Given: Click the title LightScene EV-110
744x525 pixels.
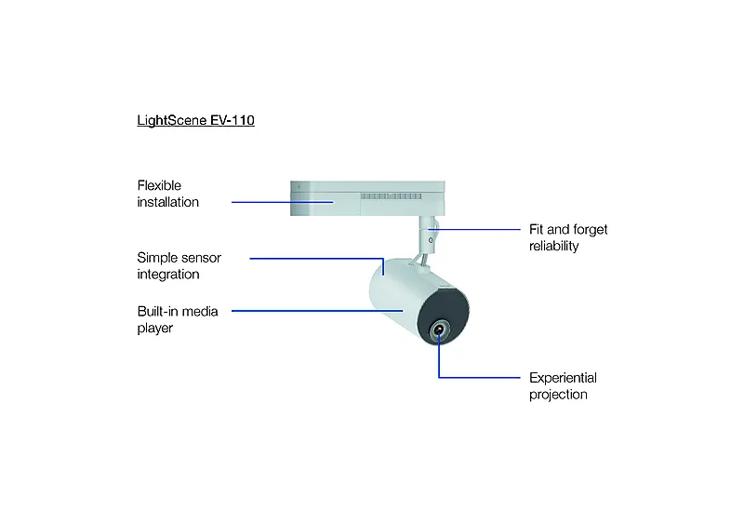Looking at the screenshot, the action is pyautogui.click(x=195, y=121).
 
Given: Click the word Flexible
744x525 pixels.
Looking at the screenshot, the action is pyautogui.click(x=159, y=185).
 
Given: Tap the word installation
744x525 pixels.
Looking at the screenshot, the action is pyautogui.click(x=168, y=202).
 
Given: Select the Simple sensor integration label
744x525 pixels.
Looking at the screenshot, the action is pyautogui.click(x=179, y=266).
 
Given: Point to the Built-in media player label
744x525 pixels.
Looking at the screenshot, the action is pyautogui.click(x=178, y=320).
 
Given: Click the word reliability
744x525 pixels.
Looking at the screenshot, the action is pyautogui.click(x=553, y=246).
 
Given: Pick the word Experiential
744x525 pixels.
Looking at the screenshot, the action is pyautogui.click(x=563, y=378).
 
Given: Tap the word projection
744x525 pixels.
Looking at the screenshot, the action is pyautogui.click(x=558, y=395).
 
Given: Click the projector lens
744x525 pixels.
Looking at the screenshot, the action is pyautogui.click(x=439, y=330).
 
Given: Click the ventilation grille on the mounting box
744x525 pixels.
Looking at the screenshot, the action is pyautogui.click(x=391, y=196).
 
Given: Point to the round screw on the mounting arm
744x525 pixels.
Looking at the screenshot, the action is pyautogui.click(x=431, y=240).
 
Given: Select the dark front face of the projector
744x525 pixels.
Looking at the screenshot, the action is pyautogui.click(x=444, y=316).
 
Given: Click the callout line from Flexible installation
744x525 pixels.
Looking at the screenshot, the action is pyautogui.click(x=283, y=202).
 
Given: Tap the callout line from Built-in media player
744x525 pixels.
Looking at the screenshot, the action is pyautogui.click(x=317, y=311).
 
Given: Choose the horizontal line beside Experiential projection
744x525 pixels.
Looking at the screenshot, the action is pyautogui.click(x=479, y=378).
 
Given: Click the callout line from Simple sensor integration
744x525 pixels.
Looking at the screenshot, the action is pyautogui.click(x=317, y=259).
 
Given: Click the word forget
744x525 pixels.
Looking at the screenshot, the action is pyautogui.click(x=591, y=230).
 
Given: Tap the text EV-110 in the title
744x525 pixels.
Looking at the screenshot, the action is pyautogui.click(x=232, y=120).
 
